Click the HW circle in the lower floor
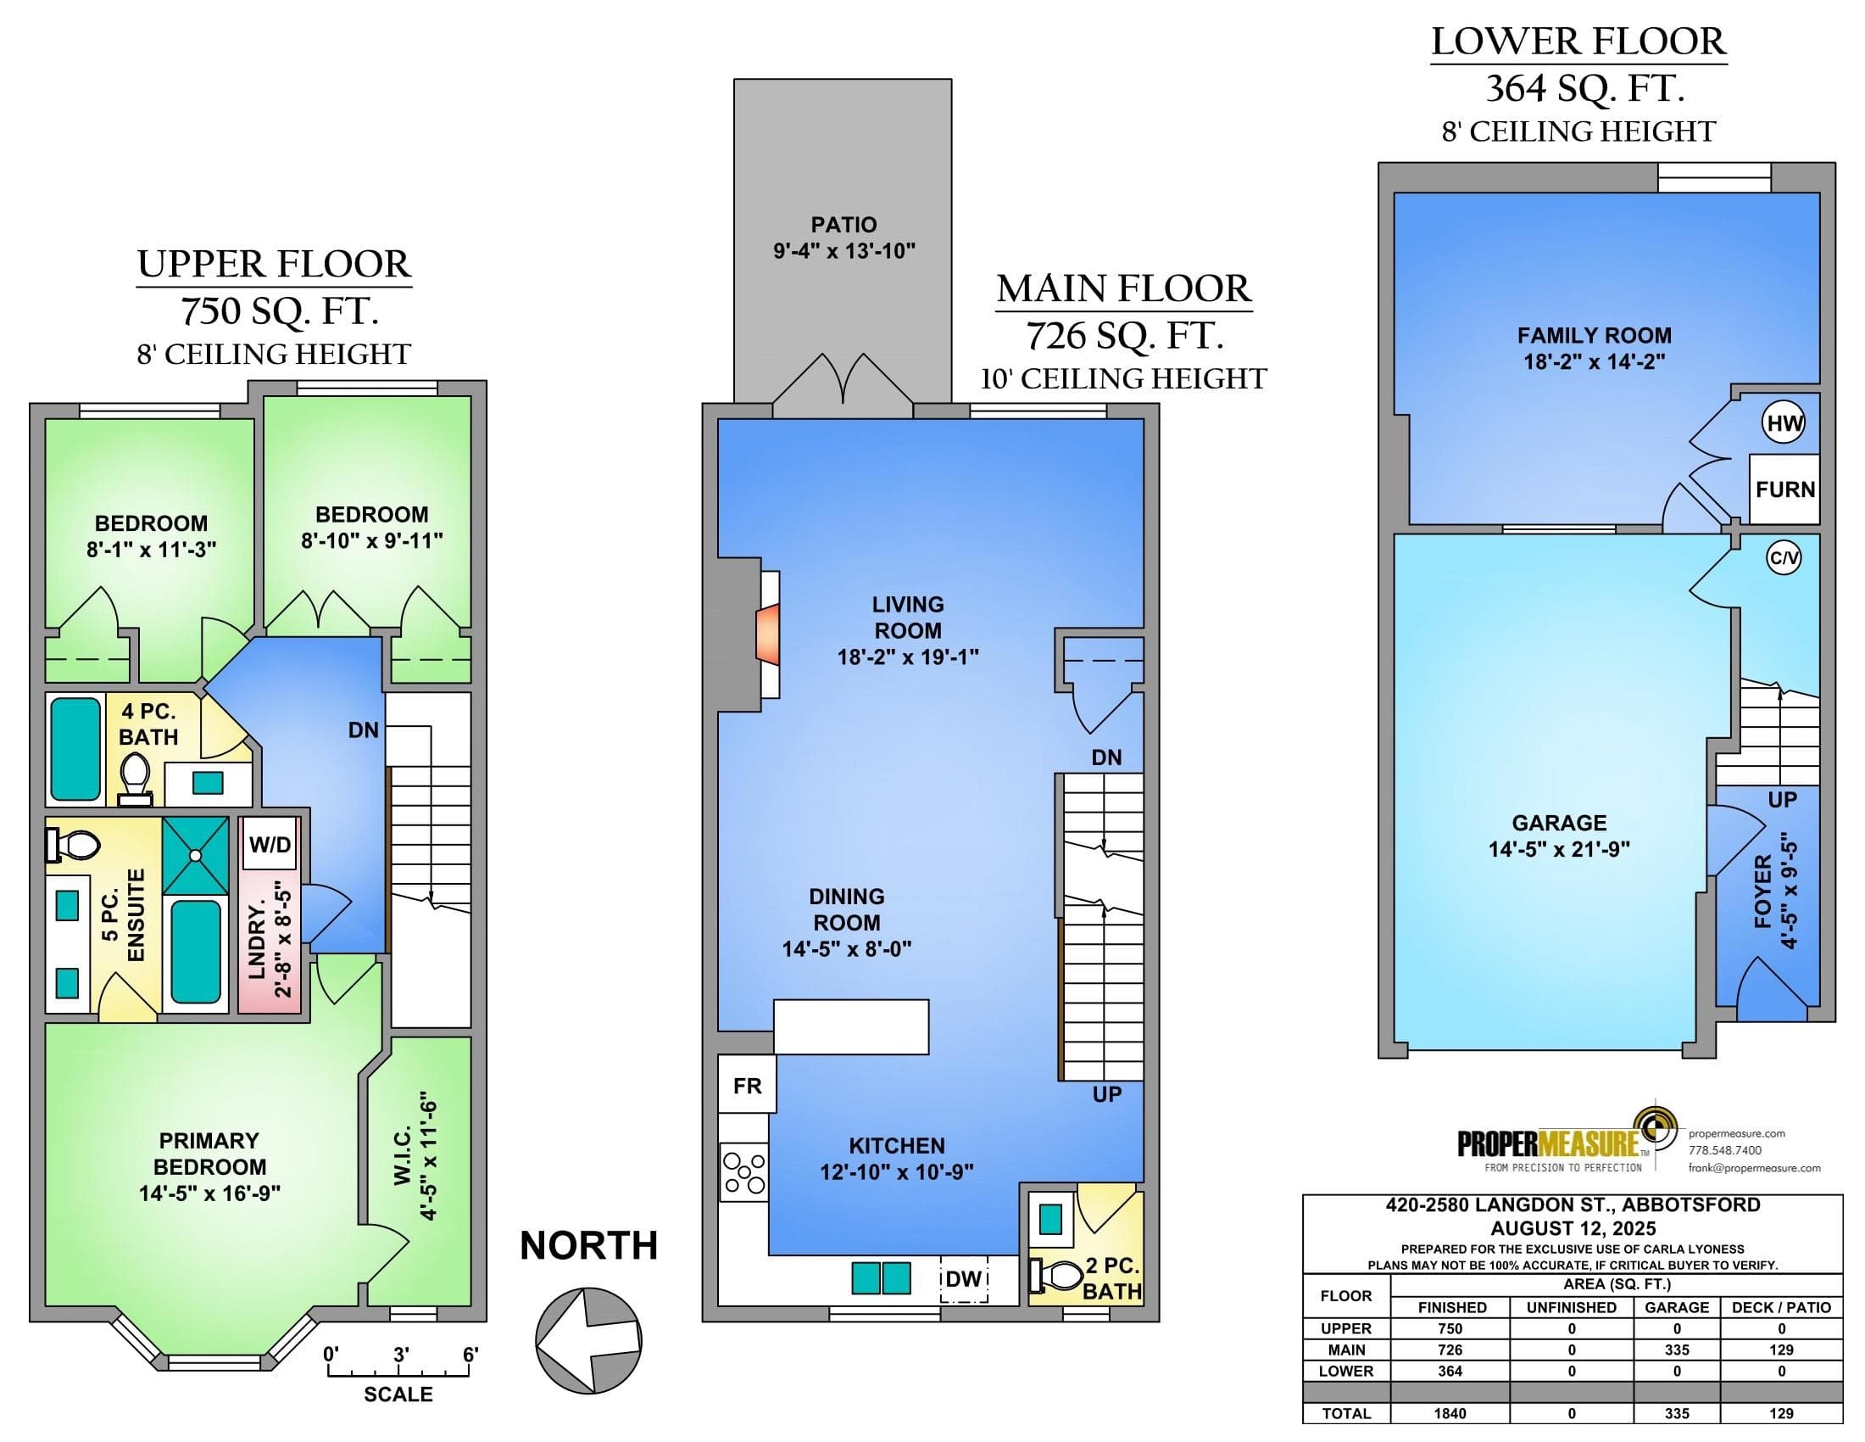(1784, 424)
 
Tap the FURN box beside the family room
(1784, 489)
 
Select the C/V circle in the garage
(1784, 559)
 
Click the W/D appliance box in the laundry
(270, 845)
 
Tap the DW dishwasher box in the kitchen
(964, 1279)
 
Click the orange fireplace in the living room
(768, 634)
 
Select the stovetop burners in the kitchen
(743, 1172)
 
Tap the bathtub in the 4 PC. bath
(75, 749)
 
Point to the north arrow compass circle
(589, 1339)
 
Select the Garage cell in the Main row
(1676, 1350)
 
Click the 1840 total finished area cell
(1450, 1413)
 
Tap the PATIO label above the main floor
(843, 225)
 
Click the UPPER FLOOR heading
(274, 264)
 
